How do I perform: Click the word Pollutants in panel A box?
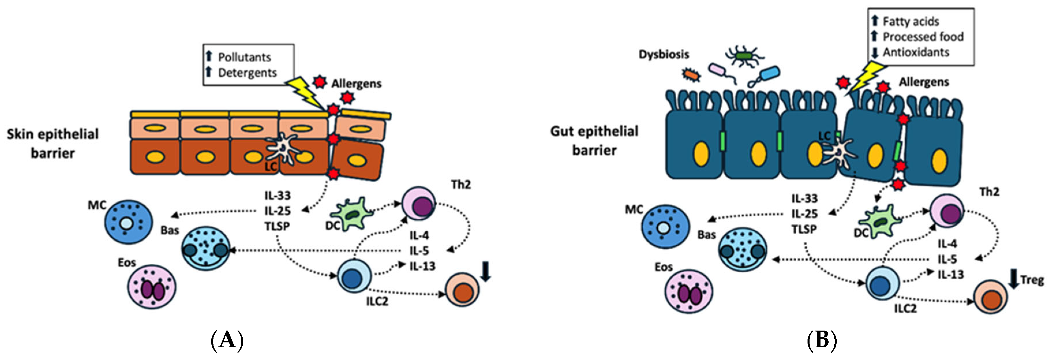[x=244, y=57]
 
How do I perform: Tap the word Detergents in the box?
[x=247, y=72]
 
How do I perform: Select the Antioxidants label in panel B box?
[x=915, y=52]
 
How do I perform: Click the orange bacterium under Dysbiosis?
[x=691, y=74]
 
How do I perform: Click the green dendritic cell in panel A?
[x=350, y=214]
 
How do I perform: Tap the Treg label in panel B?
[x=1032, y=280]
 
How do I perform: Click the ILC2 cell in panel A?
[x=354, y=276]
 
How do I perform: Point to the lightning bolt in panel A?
[x=306, y=92]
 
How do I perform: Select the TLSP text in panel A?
[x=277, y=226]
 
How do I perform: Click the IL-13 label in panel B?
[x=950, y=275]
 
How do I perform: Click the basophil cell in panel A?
[x=206, y=248]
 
